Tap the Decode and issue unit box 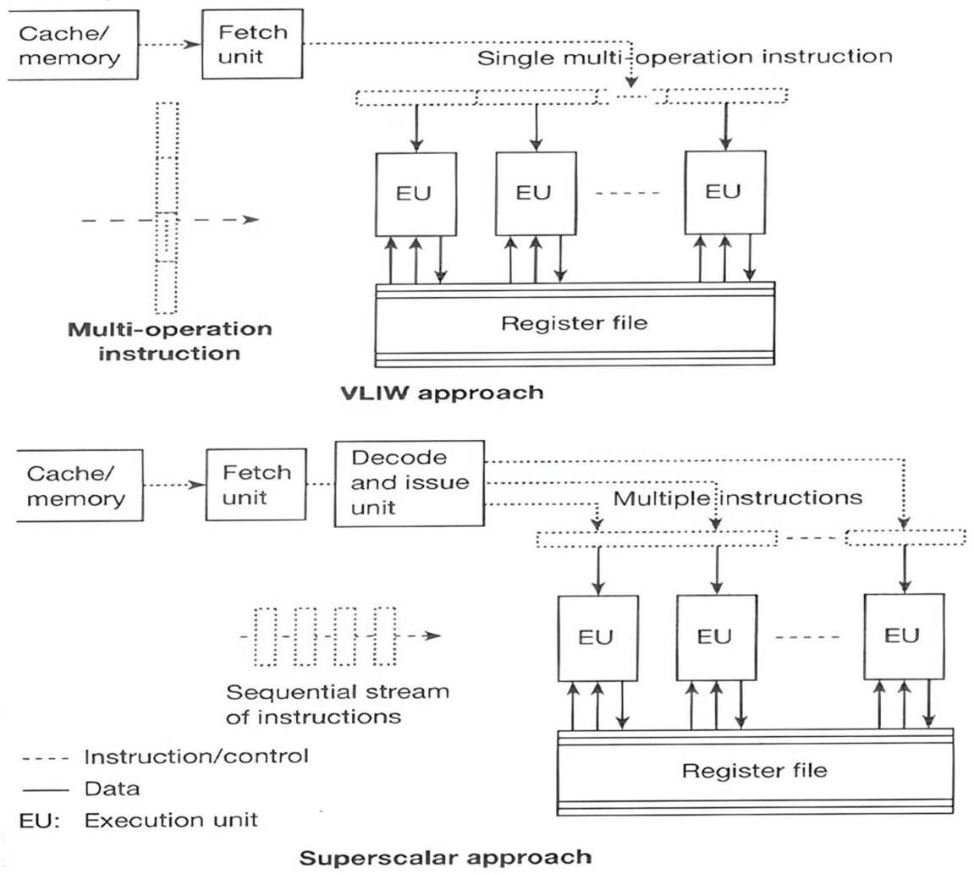coord(410,483)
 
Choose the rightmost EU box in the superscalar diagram coord(903,636)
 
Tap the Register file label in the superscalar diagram coord(754,770)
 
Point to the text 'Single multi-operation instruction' coord(685,58)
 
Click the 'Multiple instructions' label coord(737,497)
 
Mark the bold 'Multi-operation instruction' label coord(170,340)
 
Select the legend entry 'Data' coord(112,789)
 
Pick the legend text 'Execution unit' coord(172,820)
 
